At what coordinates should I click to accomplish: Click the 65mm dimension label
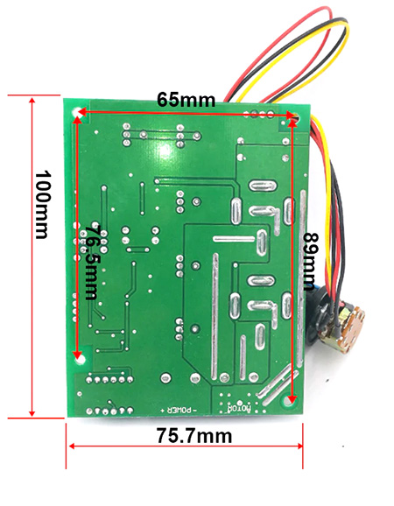pos(186,100)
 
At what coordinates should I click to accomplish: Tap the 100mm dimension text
pos(43,205)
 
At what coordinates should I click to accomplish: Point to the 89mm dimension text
pos(312,261)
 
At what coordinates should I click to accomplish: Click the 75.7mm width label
pos(194,436)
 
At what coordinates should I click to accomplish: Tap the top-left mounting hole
pos(78,113)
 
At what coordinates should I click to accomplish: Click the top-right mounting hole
pos(295,119)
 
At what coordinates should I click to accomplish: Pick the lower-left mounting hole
pos(79,359)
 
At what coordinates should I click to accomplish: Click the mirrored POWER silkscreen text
pos(179,411)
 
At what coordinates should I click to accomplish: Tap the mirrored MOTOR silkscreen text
pos(240,409)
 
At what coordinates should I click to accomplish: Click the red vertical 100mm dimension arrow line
pos(32,257)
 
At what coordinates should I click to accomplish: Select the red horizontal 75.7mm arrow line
pos(186,446)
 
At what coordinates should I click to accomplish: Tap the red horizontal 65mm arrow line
pos(186,113)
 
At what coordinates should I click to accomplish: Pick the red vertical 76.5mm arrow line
pos(77,237)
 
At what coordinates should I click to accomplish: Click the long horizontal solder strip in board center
pos(235,239)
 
